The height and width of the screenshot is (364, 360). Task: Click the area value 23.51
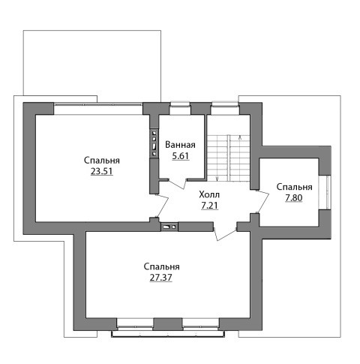tap(102, 171)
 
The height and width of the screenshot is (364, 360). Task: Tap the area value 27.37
tap(160, 278)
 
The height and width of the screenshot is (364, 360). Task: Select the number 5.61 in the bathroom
tap(180, 156)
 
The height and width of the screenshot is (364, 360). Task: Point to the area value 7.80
tap(294, 198)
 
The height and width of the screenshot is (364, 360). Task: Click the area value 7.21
tap(209, 206)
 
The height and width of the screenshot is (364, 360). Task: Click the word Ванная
tap(180, 145)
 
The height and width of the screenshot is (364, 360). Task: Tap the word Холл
tap(209, 194)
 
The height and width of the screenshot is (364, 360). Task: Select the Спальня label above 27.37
tap(161, 266)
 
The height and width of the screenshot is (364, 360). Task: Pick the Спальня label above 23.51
tap(102, 161)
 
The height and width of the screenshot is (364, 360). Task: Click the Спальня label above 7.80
tap(294, 187)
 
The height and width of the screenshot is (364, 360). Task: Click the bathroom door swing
tap(178, 184)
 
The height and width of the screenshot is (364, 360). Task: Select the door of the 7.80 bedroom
tap(263, 201)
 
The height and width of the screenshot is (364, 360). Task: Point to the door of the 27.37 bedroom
tap(224, 234)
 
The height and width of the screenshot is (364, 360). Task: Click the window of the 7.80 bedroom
tap(328, 192)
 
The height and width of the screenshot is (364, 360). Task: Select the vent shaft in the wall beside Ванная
tap(154, 143)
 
